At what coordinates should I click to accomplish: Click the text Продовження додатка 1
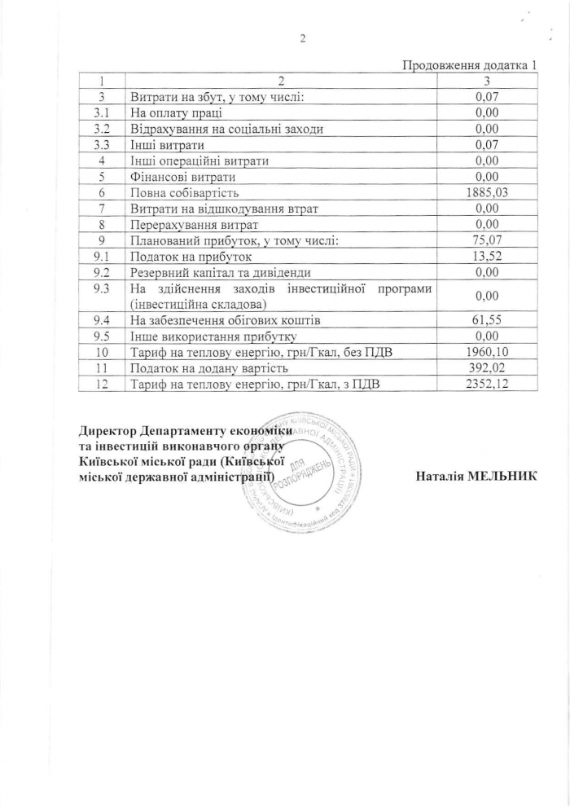[471, 66]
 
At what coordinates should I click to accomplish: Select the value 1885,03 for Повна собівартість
[486, 192]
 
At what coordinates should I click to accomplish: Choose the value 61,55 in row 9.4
[486, 320]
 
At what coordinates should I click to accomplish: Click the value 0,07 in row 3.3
[486, 145]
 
